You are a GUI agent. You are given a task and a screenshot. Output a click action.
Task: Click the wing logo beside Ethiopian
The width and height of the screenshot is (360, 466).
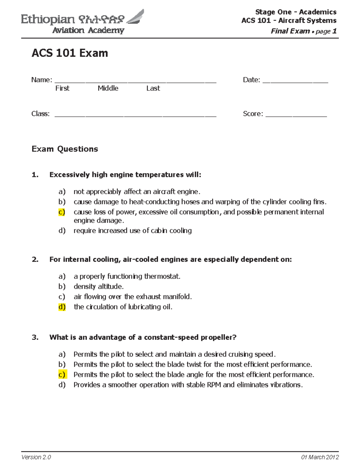click(136, 17)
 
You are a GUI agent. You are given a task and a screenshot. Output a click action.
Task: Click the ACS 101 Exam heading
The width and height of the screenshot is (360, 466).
click(70, 53)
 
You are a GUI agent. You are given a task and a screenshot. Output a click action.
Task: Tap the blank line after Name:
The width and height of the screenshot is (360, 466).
click(135, 80)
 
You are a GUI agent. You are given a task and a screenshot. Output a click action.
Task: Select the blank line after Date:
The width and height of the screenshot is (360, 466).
click(295, 80)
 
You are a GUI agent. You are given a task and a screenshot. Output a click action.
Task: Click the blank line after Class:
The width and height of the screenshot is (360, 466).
click(135, 114)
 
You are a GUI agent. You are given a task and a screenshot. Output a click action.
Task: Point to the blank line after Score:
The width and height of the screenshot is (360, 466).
click(296, 114)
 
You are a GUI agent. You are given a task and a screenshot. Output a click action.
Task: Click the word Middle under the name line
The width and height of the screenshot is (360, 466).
click(108, 88)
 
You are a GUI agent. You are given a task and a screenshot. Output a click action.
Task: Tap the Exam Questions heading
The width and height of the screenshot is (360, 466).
click(65, 149)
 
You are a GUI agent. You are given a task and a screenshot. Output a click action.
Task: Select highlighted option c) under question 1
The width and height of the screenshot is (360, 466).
click(62, 212)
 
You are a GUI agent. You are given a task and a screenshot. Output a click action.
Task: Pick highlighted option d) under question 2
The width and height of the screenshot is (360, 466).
click(62, 307)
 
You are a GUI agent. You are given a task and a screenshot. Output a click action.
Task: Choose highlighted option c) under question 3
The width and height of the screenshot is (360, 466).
click(62, 374)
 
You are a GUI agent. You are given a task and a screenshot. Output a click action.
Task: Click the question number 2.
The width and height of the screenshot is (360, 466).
click(35, 259)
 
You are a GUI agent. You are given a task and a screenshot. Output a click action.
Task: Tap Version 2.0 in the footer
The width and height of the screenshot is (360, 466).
click(36, 457)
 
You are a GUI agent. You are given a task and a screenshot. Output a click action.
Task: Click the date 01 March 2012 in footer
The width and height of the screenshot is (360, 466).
click(320, 457)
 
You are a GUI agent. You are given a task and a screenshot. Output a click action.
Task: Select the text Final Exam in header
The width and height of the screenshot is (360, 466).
click(290, 31)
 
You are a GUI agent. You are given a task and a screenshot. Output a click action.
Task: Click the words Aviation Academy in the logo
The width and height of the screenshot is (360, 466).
click(88, 30)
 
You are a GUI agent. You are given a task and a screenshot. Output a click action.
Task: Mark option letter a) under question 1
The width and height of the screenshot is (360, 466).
click(62, 191)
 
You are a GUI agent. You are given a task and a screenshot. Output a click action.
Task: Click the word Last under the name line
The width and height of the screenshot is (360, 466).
click(153, 88)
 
